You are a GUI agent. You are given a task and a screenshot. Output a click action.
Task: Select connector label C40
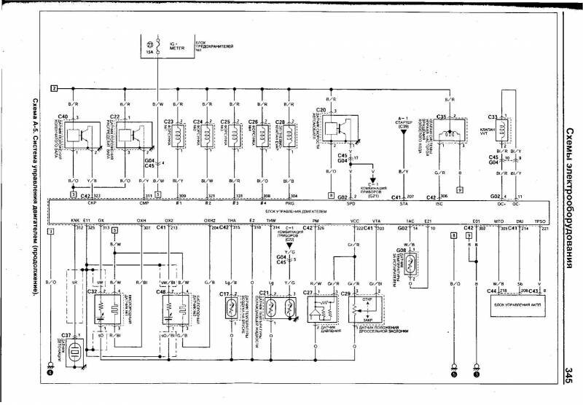pyautogui.click(x=63, y=117)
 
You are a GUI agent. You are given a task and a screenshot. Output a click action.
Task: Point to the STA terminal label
pyautogui.click(x=399, y=205)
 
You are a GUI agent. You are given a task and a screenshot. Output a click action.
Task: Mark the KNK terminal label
pyautogui.click(x=74, y=219)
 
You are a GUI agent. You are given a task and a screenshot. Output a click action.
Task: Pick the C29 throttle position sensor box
pyautogui.click(x=363, y=306)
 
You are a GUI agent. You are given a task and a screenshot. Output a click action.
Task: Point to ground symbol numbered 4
pyautogui.click(x=50, y=372)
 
